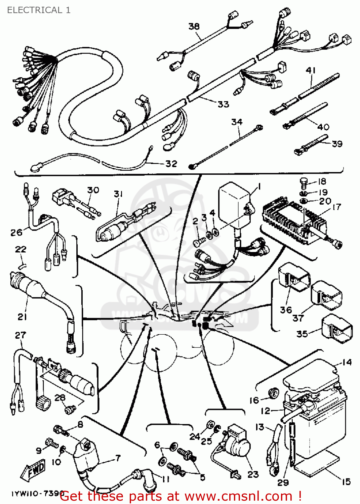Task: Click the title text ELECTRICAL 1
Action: pyautogui.click(x=39, y=10)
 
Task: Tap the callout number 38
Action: pyautogui.click(x=194, y=26)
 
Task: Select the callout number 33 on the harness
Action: pyautogui.click(x=223, y=104)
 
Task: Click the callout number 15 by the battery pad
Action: pyautogui.click(x=346, y=481)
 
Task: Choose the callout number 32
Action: pyautogui.click(x=171, y=164)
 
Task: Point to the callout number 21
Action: pyautogui.click(x=22, y=317)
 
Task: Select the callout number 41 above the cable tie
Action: pyautogui.click(x=311, y=70)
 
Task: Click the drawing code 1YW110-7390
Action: pyautogui.click(x=36, y=494)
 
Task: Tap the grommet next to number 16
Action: pyautogui.click(x=273, y=393)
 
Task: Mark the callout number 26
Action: pyautogui.click(x=16, y=232)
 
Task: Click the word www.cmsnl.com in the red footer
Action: pyautogui.click(x=238, y=496)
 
